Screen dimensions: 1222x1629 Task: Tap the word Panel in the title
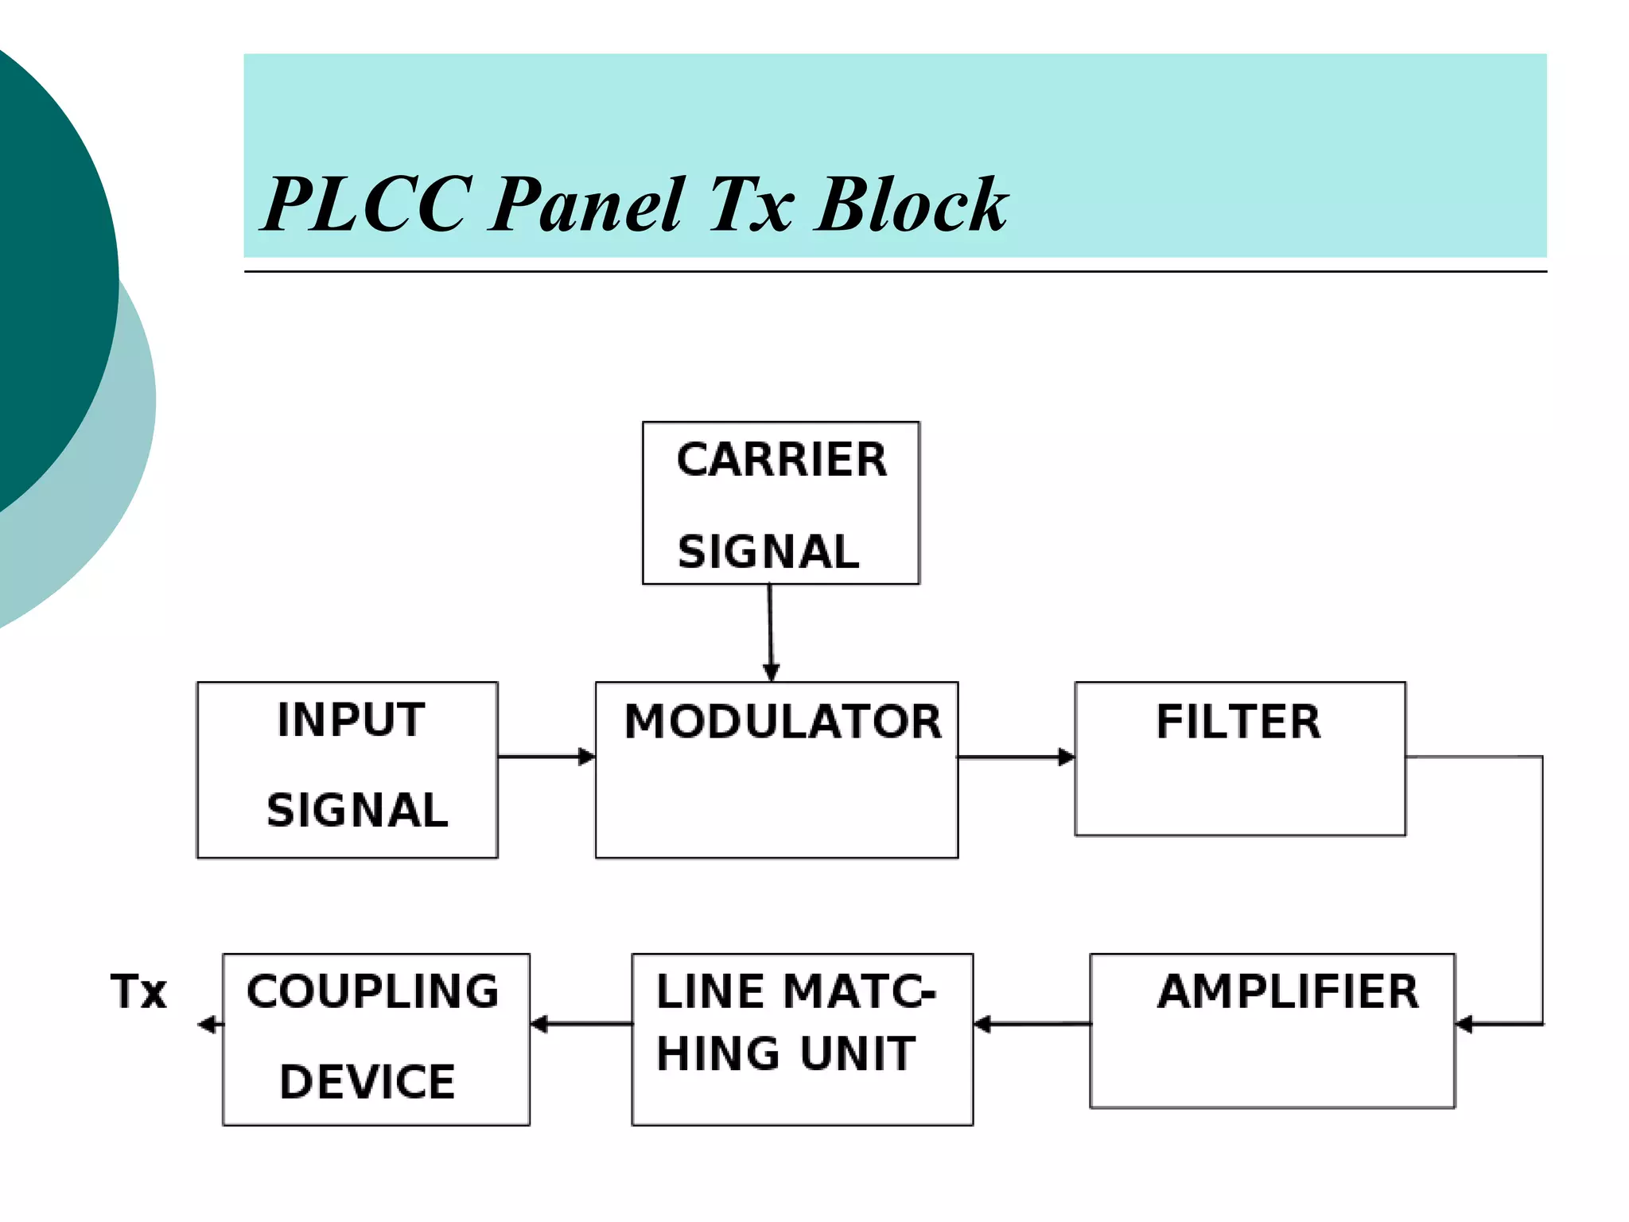coord(586,205)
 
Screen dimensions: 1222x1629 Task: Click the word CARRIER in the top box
coord(781,460)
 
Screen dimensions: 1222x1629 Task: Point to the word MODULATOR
coord(783,722)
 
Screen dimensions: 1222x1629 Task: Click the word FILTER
coord(1238,722)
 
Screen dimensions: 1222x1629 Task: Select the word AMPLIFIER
coord(1288,991)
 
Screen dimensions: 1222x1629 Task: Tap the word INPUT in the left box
coord(351,720)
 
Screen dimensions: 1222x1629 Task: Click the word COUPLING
coord(372,991)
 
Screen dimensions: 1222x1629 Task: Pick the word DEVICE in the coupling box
coord(367,1082)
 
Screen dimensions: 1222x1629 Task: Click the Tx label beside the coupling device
coord(139,991)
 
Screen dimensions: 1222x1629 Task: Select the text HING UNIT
coord(786,1053)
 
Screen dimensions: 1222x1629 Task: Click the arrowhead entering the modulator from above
coord(771,671)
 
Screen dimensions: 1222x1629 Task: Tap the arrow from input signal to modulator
coord(547,757)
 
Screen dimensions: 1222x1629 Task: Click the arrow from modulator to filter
coord(1017,757)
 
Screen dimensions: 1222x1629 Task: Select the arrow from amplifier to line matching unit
coord(1032,1024)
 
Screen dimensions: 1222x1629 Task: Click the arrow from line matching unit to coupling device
coord(581,1024)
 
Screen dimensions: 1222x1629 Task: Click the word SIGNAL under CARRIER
coord(768,552)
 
